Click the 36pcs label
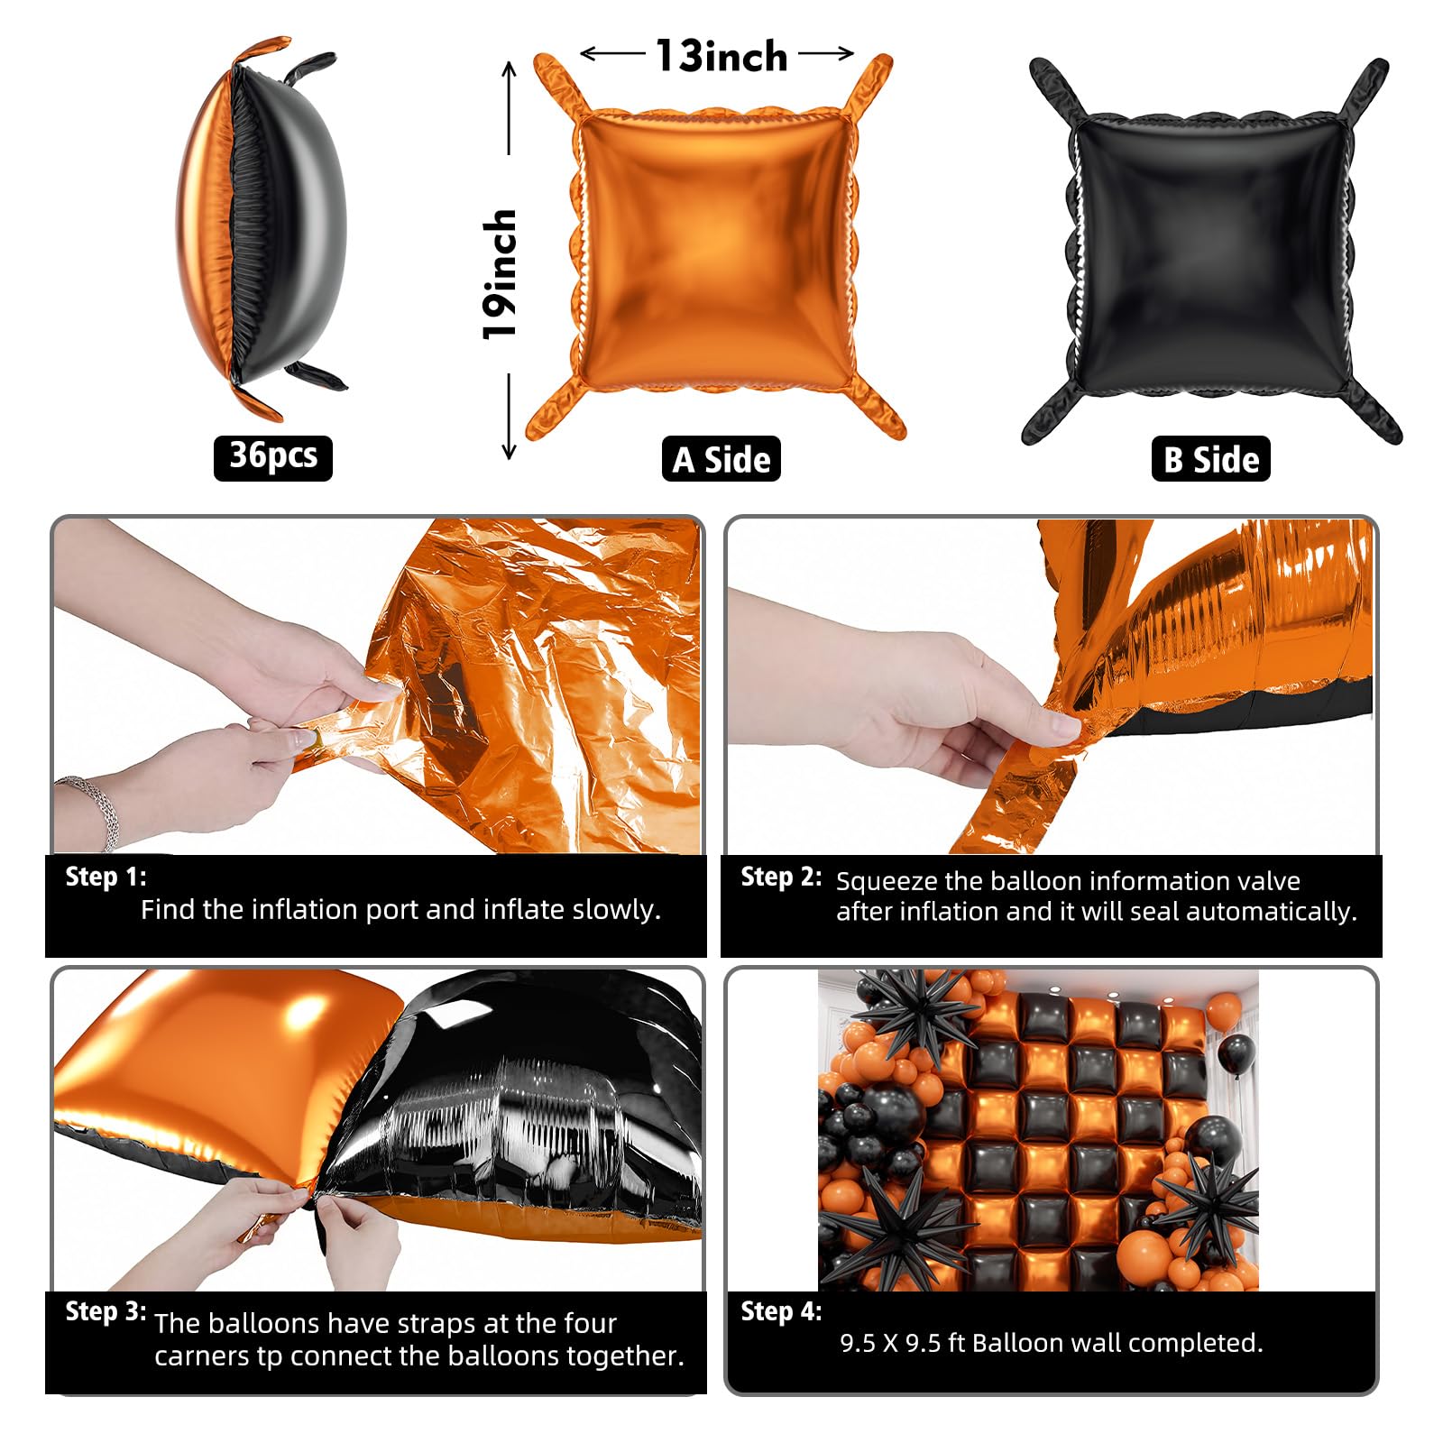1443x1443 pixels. [x=273, y=457]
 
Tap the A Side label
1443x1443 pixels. [x=721, y=459]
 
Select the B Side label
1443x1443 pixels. [x=1211, y=459]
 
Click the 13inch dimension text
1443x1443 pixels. [x=721, y=56]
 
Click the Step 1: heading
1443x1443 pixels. [x=106, y=877]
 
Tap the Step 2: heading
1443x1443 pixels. [x=781, y=877]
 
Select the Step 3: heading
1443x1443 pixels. [x=106, y=1311]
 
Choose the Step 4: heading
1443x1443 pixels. [x=781, y=1311]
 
